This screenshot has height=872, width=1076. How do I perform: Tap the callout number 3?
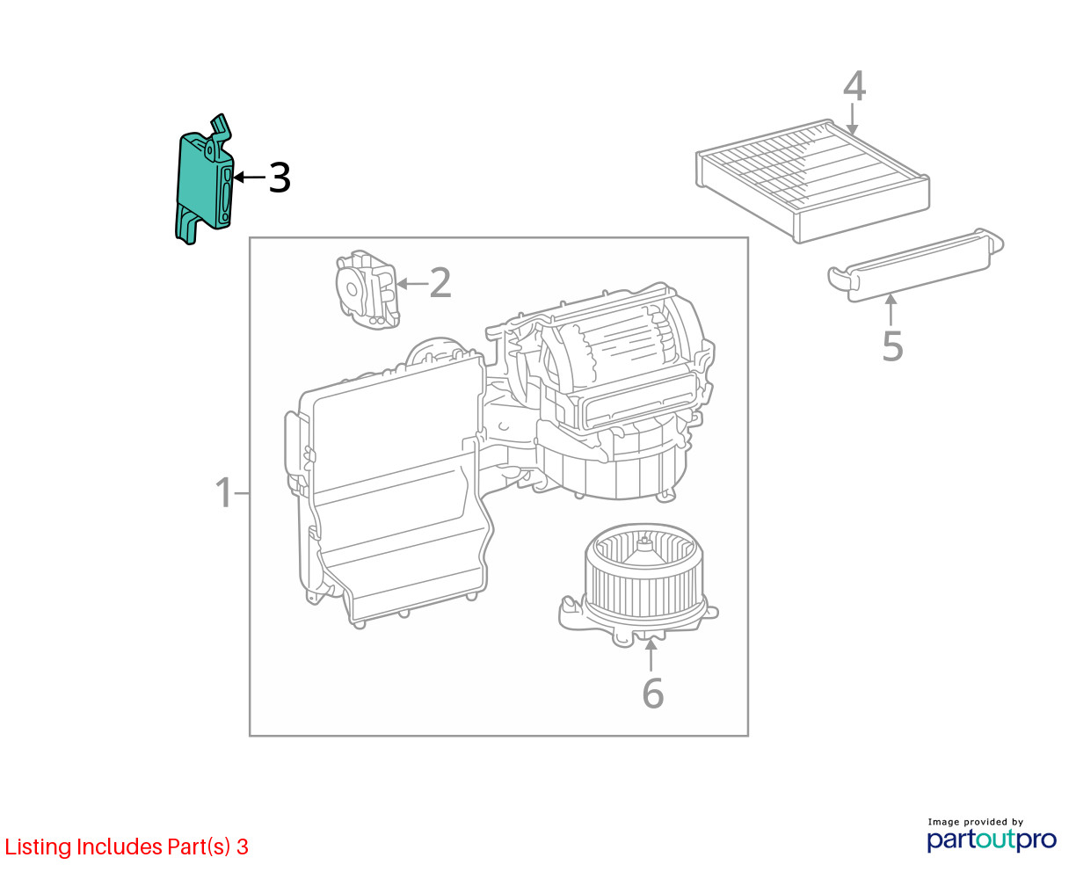pos(280,178)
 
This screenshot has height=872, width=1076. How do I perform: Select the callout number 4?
pos(854,86)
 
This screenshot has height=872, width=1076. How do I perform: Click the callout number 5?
pos(892,346)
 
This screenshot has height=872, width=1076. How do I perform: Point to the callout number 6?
pos(652,693)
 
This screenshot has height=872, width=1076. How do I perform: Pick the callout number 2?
pos(440,283)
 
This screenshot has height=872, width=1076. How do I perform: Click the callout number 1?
pos(223,492)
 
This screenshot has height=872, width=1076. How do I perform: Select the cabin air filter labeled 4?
pos(812,180)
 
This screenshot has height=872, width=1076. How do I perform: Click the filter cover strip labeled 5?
pos(915,265)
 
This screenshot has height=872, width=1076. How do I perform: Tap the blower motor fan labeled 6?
pos(638,584)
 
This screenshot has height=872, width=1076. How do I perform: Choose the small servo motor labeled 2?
pos(367,289)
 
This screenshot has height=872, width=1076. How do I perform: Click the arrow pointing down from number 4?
pos(852,120)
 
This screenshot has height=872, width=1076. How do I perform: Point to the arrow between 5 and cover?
pos(891,309)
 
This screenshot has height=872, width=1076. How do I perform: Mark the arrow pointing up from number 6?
pos(651,655)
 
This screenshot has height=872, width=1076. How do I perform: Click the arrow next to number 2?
pos(412,284)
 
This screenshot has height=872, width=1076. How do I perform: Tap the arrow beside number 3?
pos(250,178)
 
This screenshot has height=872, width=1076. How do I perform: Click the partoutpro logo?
pos(992,840)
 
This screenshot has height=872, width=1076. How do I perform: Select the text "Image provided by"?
pos(976,822)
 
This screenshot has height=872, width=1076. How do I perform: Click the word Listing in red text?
pos(36,847)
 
